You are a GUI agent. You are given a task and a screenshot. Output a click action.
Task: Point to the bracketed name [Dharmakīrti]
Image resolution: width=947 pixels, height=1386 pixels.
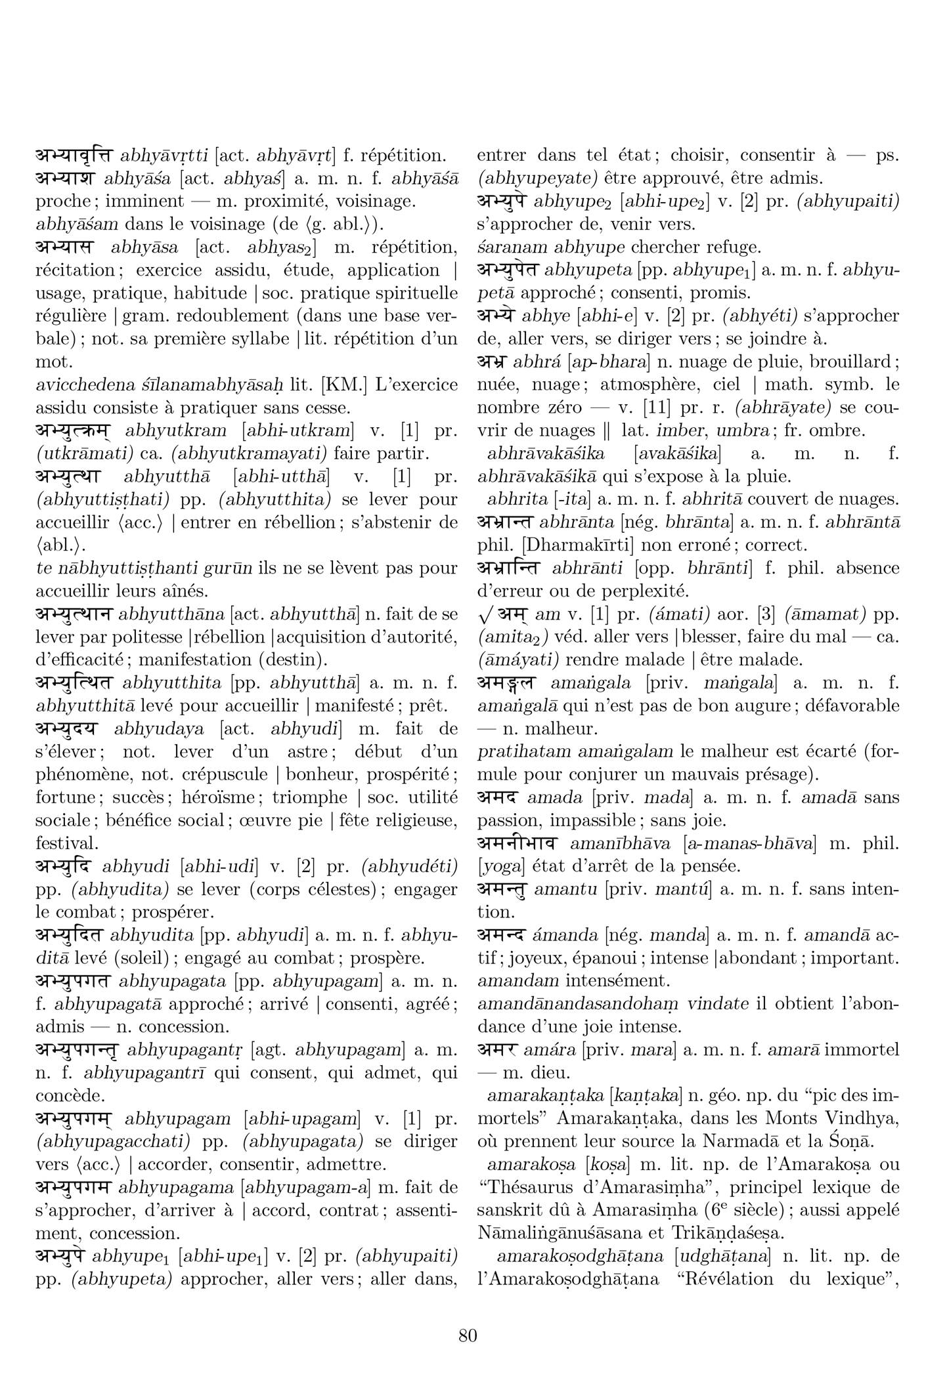coord(569,545)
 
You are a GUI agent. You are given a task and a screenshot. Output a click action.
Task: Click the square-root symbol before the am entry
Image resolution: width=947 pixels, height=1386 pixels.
coord(485,615)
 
